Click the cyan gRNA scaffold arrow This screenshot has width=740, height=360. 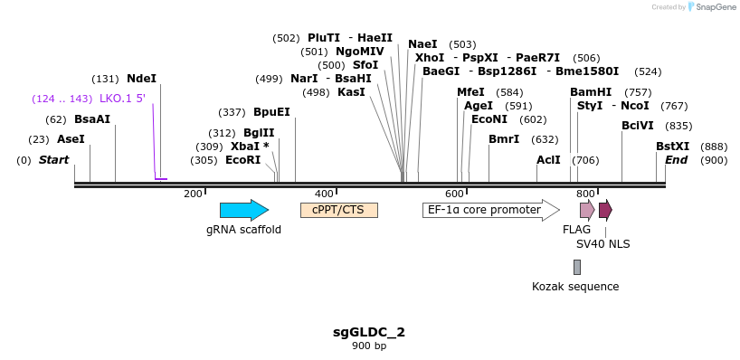point(243,211)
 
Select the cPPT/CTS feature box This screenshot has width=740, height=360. point(338,210)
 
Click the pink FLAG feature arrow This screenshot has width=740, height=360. point(587,211)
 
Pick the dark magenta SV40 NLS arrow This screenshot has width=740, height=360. point(605,211)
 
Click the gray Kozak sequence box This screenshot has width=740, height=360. point(577,267)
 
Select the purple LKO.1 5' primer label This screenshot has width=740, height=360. point(122,99)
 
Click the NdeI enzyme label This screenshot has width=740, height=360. point(141,79)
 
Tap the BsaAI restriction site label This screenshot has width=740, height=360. point(92,119)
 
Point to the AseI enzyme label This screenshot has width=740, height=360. point(71,139)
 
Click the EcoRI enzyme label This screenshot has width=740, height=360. point(242,160)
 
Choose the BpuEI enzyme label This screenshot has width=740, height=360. point(271,112)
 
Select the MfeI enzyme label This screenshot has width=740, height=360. point(470,92)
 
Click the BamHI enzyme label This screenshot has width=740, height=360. point(591,92)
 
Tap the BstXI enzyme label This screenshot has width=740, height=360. point(672,147)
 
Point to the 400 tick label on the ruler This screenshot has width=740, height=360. point(324,194)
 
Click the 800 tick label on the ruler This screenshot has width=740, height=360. point(585,194)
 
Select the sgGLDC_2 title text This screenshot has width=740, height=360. point(369,332)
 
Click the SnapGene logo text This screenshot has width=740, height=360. point(714,7)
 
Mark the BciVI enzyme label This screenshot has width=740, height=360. point(638,126)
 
